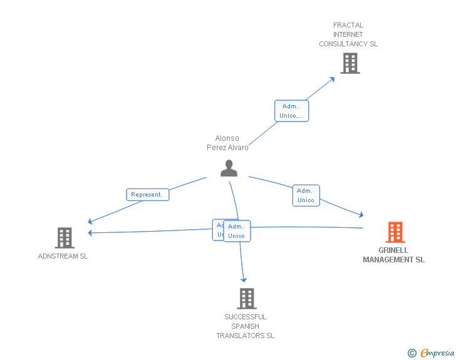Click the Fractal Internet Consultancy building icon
[350, 63]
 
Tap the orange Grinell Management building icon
[395, 232]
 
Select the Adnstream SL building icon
[64, 238]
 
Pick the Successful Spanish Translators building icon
[247, 299]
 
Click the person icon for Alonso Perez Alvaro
[229, 168]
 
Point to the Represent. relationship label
[147, 195]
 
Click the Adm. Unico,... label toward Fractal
[292, 111]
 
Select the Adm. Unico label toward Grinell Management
[306, 195]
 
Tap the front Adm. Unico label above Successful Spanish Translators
[237, 231]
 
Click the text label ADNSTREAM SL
[63, 256]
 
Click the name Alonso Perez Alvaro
[227, 143]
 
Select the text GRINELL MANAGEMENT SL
[393, 255]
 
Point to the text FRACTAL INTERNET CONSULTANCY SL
[348, 34]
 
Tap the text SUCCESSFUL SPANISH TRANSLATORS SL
[246, 326]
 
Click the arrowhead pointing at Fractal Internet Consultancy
[332, 80]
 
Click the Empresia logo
[437, 353]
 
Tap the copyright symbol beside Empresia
[412, 354]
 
